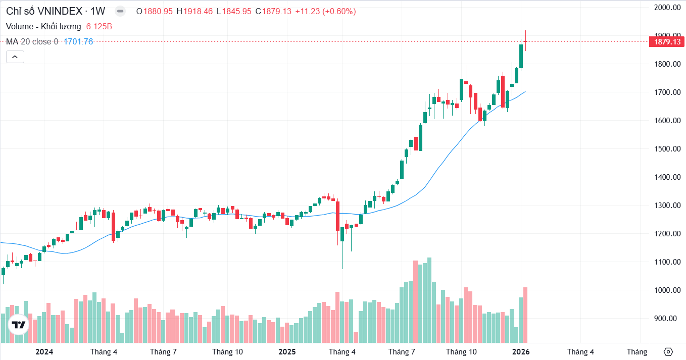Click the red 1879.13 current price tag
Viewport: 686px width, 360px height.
666,42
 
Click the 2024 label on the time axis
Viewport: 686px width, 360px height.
44,352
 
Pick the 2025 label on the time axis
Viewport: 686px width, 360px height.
287,352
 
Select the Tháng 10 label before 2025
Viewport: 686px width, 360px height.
227,352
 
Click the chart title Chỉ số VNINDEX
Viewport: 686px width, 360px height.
44,11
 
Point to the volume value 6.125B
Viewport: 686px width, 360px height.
99,26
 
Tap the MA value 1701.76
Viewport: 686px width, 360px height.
78,41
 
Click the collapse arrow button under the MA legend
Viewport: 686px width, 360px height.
15,57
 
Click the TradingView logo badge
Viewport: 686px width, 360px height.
19,325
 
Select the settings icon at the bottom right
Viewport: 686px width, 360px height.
668,352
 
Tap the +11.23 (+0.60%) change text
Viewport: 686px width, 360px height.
325,11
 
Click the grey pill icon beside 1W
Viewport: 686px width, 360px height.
120,11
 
